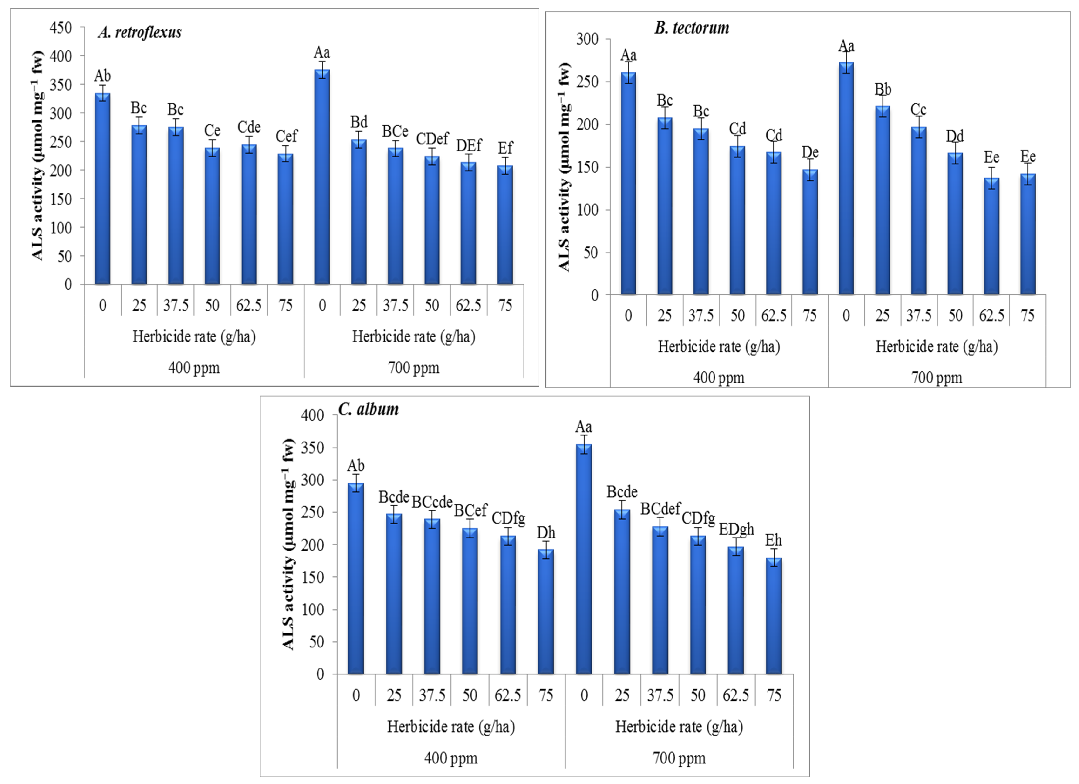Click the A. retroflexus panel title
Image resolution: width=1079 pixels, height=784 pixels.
[x=140, y=32]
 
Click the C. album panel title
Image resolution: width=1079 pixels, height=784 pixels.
[x=368, y=409]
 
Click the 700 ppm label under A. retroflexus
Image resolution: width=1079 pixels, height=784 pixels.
[x=413, y=368]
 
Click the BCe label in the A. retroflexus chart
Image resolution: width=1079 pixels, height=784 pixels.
[x=395, y=131]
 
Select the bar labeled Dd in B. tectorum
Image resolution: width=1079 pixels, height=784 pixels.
[x=955, y=224]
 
